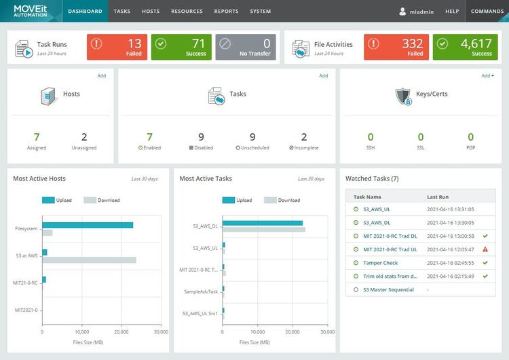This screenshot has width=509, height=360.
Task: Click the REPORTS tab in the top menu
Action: tap(226, 12)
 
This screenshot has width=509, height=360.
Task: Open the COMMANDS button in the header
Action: tap(487, 12)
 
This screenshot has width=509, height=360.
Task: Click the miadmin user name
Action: tap(421, 12)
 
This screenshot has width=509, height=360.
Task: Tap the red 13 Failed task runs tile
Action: tap(117, 47)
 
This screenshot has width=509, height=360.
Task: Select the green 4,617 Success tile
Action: tap(465, 47)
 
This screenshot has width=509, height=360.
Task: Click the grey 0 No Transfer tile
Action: tap(246, 47)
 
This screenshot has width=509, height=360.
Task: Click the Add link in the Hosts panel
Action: tap(102, 75)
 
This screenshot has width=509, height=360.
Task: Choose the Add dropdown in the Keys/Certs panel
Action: tap(487, 75)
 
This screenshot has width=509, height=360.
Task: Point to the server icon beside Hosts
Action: tap(48, 96)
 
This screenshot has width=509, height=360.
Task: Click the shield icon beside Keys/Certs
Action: tap(403, 96)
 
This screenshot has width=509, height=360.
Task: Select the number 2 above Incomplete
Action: tap(304, 137)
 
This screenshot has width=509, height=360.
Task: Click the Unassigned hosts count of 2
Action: tap(84, 137)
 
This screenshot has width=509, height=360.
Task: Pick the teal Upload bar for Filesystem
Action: tap(88, 225)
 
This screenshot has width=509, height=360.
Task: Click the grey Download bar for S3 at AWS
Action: tap(90, 260)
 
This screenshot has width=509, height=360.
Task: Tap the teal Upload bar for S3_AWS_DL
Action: tap(263, 223)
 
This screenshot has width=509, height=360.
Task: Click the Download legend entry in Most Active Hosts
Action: tap(102, 200)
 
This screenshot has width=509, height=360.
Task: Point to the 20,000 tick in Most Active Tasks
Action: tap(292, 331)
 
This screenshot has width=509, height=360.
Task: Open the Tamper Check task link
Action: tap(381, 263)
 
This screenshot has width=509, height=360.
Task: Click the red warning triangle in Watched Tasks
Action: tap(485, 249)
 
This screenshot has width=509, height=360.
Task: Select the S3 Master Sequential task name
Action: tap(389, 289)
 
